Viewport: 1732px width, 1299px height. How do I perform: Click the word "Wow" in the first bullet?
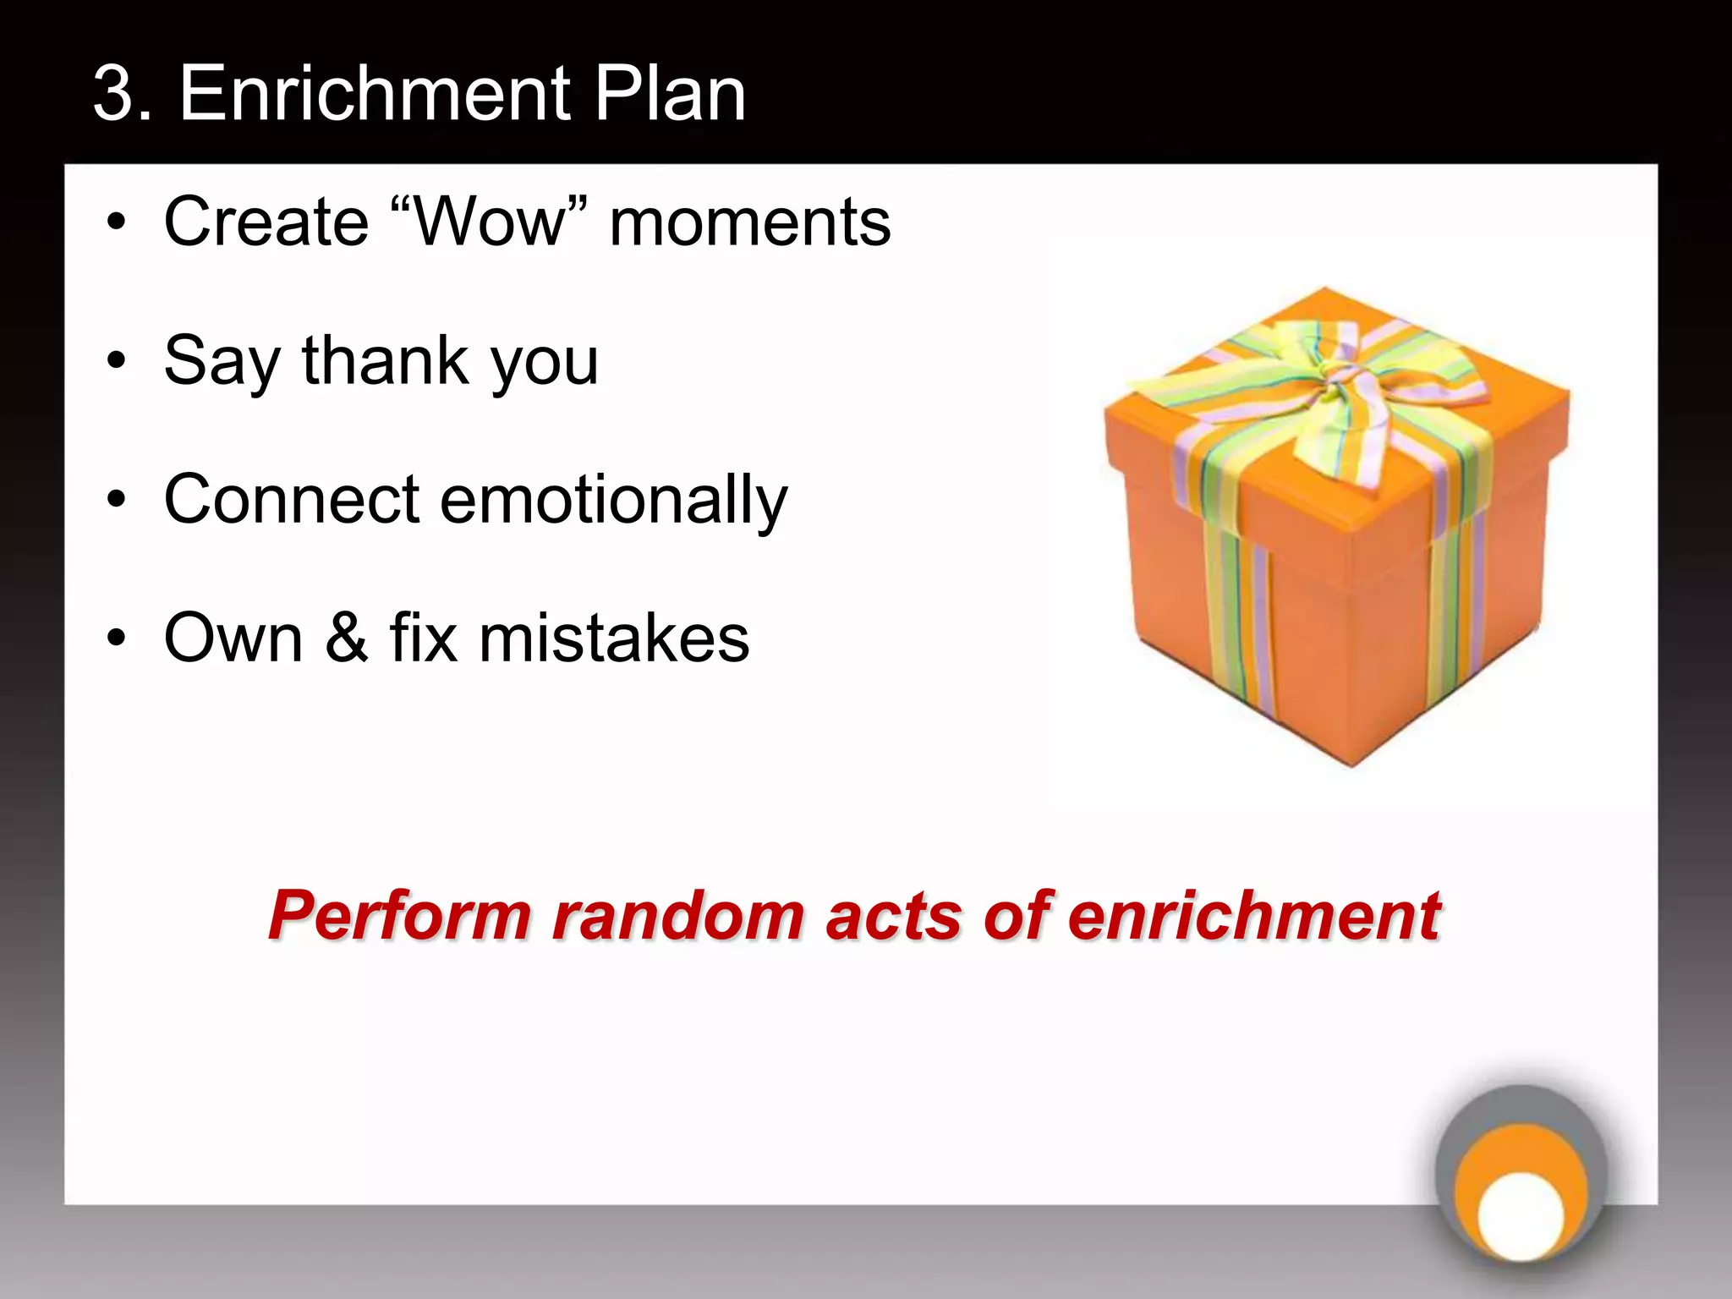[x=490, y=222]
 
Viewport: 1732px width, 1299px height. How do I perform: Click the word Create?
[x=266, y=222]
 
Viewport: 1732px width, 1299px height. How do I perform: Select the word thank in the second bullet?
[x=385, y=360]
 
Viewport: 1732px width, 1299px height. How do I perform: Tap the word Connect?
[x=292, y=499]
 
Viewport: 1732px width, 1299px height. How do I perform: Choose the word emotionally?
[x=614, y=501]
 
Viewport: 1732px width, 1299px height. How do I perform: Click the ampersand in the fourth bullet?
[x=347, y=638]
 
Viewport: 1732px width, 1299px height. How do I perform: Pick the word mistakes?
[x=614, y=638]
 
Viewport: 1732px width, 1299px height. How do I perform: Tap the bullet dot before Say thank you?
[x=117, y=362]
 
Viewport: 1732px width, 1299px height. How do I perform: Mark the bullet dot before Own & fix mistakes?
[x=117, y=639]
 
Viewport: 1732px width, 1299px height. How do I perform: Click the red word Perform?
[x=400, y=917]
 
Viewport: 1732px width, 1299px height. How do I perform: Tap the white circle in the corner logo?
[x=1521, y=1214]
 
